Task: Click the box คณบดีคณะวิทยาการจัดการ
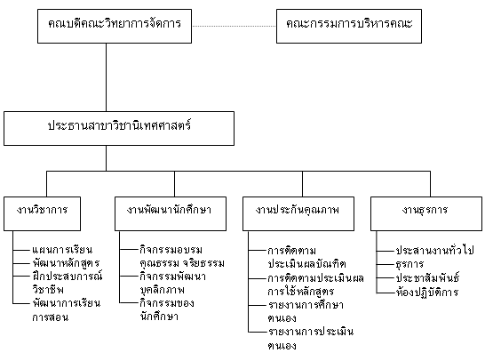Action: click(115, 27)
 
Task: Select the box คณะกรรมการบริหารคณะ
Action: click(349, 27)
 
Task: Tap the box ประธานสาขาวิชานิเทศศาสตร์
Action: click(119, 129)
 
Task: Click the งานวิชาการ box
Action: click(42, 213)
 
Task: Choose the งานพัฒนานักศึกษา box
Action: click(171, 213)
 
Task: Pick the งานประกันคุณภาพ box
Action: click(298, 213)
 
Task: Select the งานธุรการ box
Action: click(426, 213)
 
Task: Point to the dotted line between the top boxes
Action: click(234, 26)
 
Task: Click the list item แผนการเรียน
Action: click(62, 250)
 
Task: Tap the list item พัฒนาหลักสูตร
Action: click(67, 263)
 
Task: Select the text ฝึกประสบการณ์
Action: click(68, 276)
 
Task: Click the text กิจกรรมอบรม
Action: click(171, 250)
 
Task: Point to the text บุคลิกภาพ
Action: click(162, 290)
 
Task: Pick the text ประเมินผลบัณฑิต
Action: click(306, 264)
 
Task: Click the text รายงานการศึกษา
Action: click(306, 305)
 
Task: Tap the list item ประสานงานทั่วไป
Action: click(434, 250)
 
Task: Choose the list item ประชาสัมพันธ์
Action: click(427, 277)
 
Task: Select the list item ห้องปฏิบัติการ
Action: click(427, 292)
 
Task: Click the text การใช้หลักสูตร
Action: click(300, 292)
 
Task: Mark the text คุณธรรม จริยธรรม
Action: click(182, 263)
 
